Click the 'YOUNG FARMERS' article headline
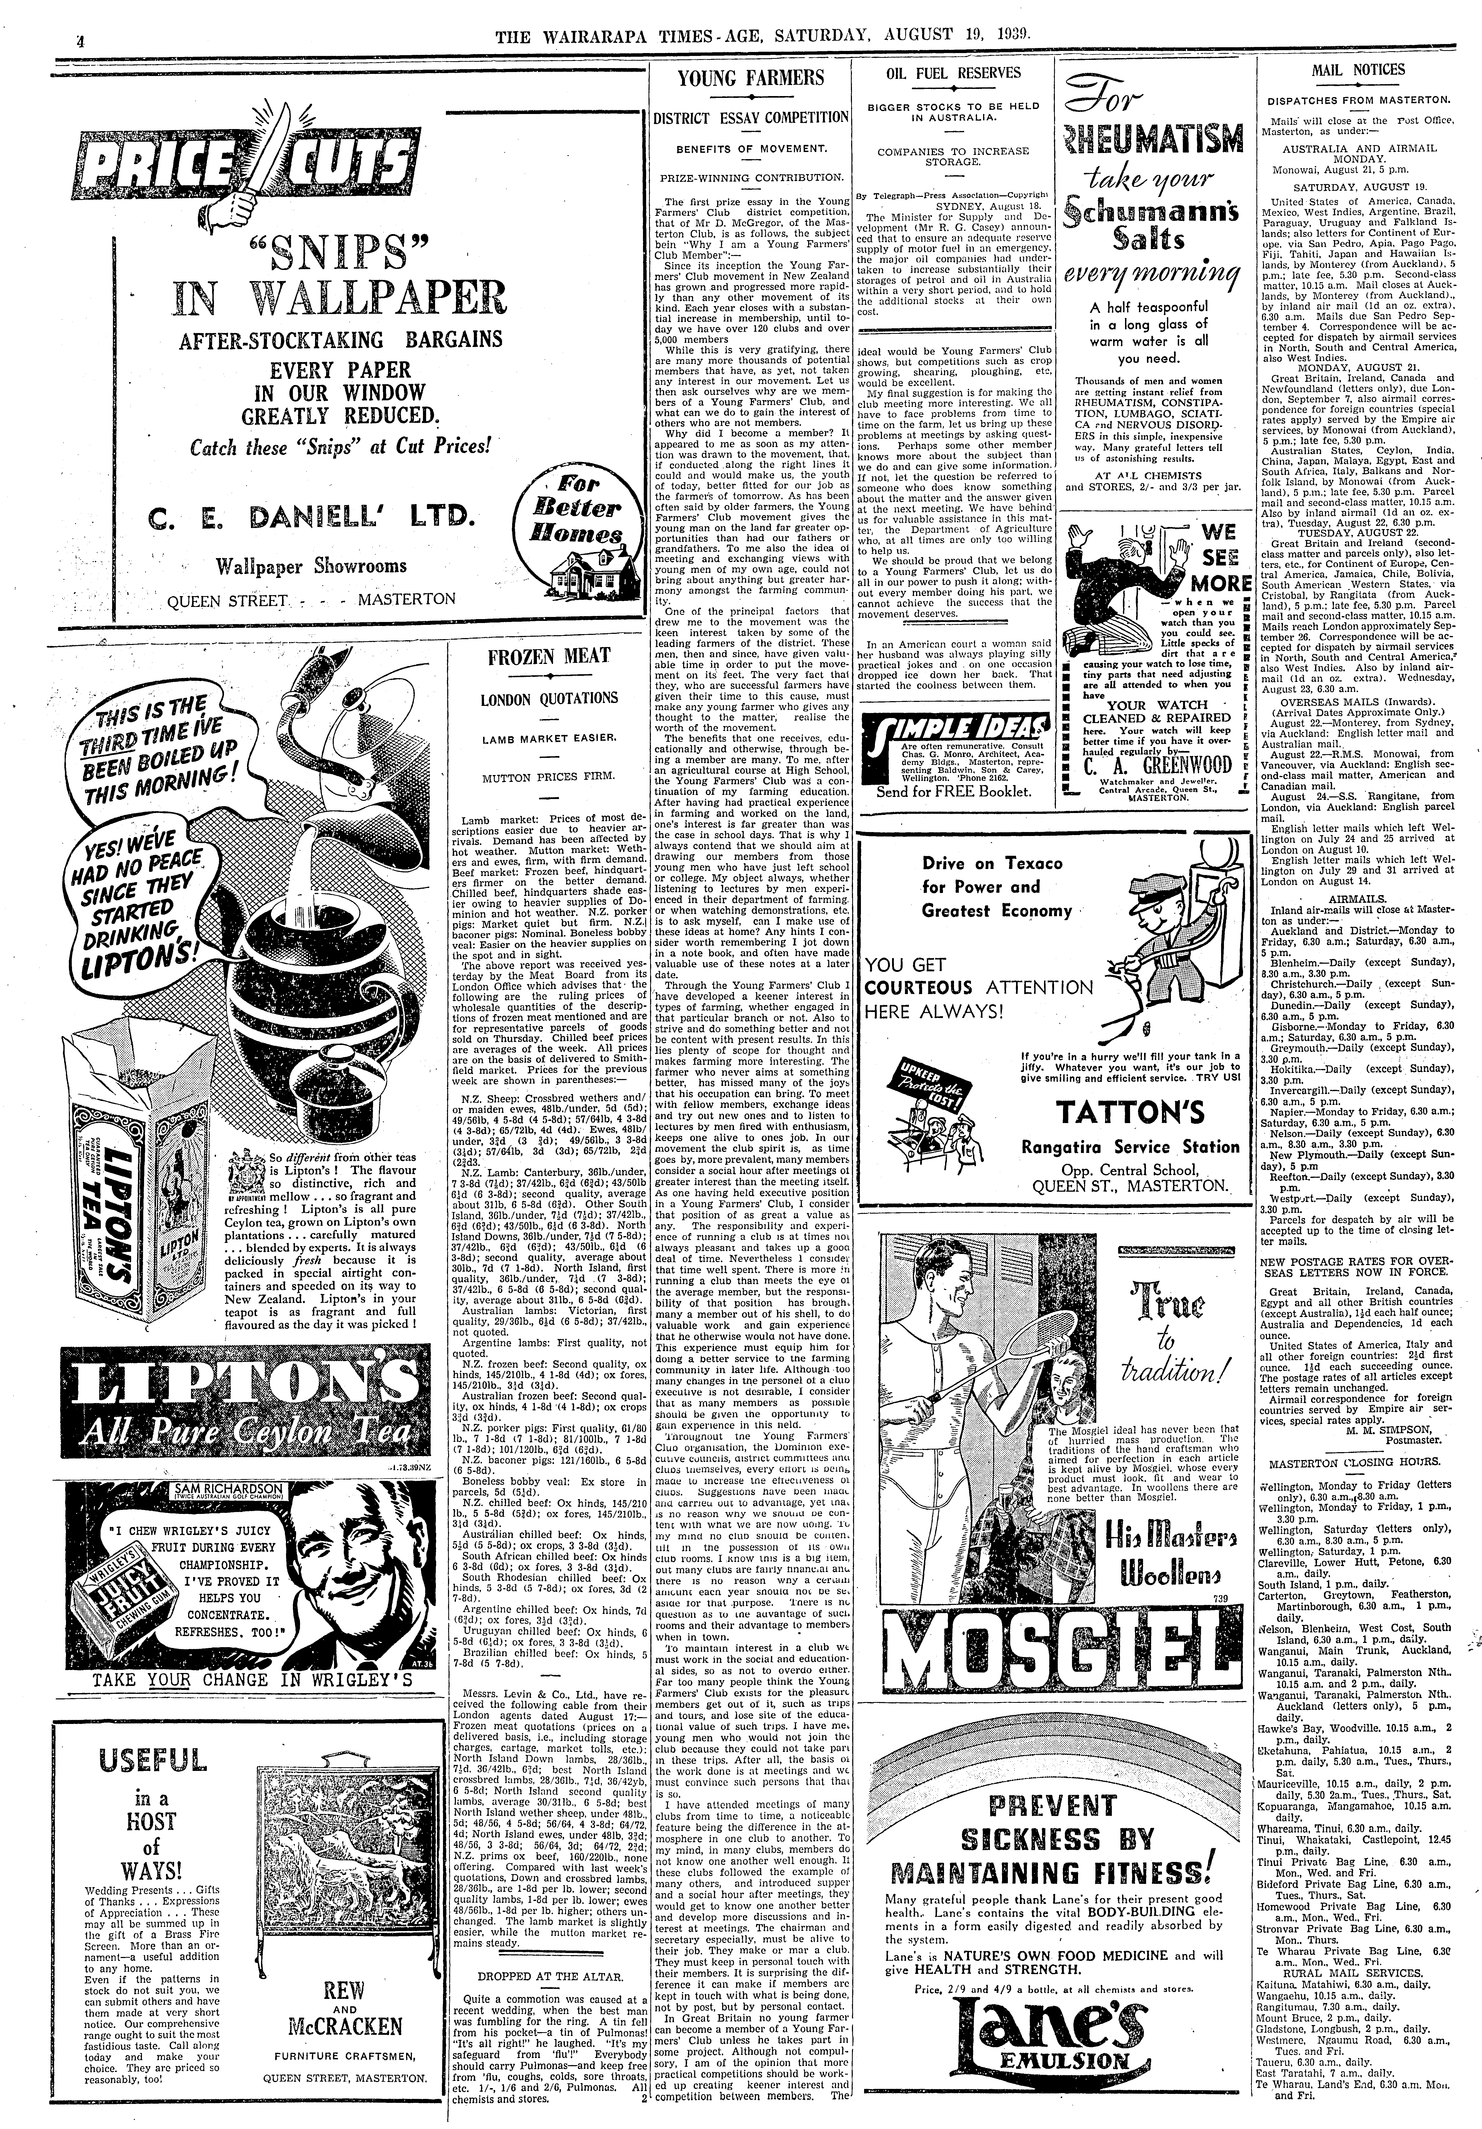click(x=750, y=78)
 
